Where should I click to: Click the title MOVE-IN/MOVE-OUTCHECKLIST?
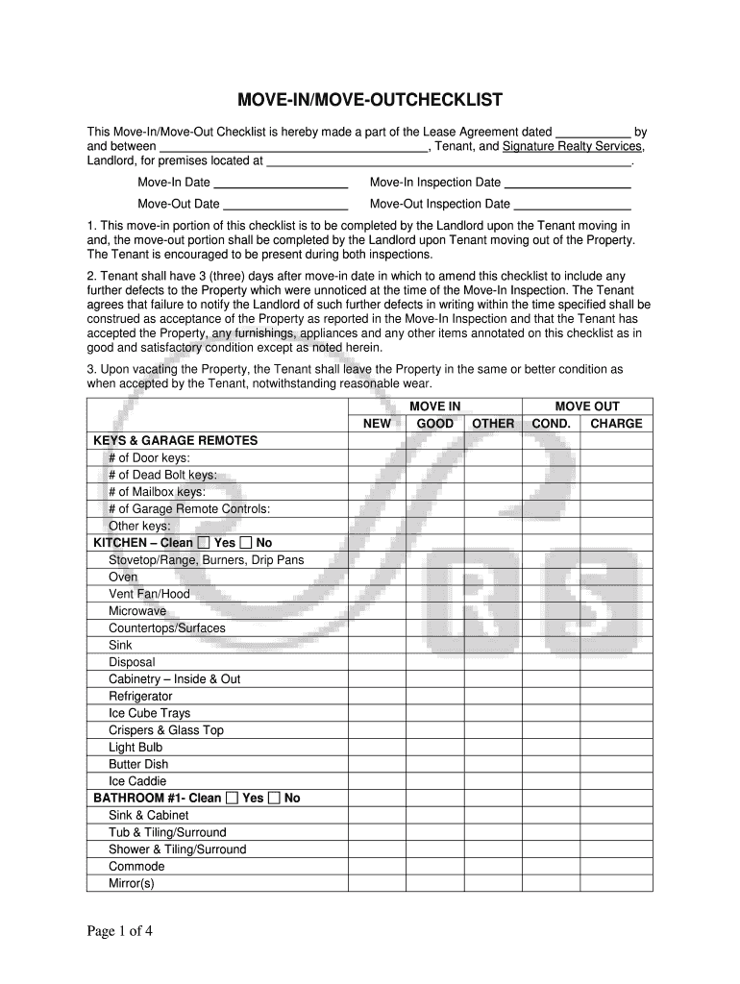click(370, 101)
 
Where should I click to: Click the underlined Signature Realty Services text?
click(573, 146)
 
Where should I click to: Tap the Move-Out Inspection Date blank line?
click(573, 206)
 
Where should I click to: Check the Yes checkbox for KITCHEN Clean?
click(203, 543)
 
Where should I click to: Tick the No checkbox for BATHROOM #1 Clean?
click(275, 799)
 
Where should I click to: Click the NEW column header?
click(377, 424)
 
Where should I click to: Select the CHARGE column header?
click(616, 424)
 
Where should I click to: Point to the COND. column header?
click(551, 424)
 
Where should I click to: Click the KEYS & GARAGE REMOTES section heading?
click(175, 441)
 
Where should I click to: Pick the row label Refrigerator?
click(140, 696)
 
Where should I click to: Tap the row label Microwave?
click(137, 611)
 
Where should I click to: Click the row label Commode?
click(136, 867)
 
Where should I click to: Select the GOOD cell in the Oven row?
click(435, 578)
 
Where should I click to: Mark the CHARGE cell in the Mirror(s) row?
click(616, 883)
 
